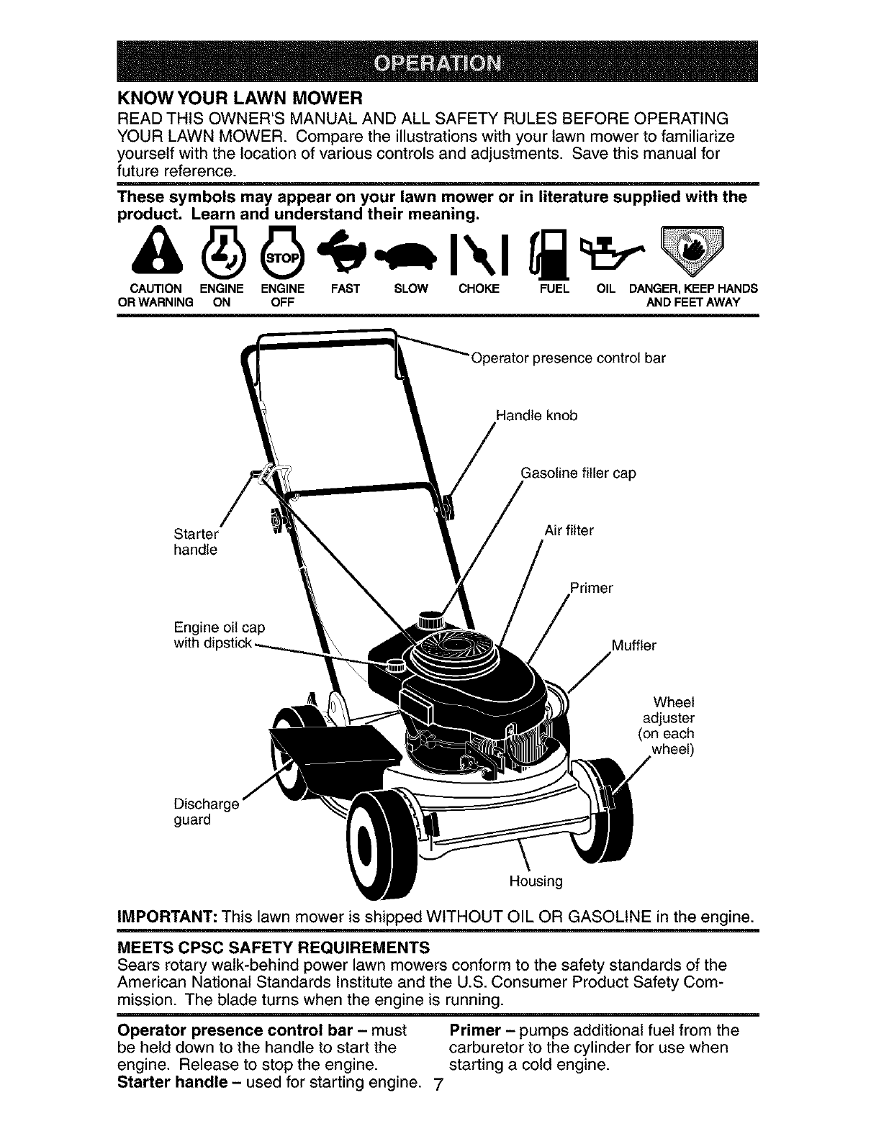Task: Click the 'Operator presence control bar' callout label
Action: (x=567, y=358)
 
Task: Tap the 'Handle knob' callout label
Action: (x=536, y=416)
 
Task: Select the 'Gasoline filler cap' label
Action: (x=577, y=473)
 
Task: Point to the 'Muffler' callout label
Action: (x=633, y=645)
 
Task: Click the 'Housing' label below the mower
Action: (x=536, y=881)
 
